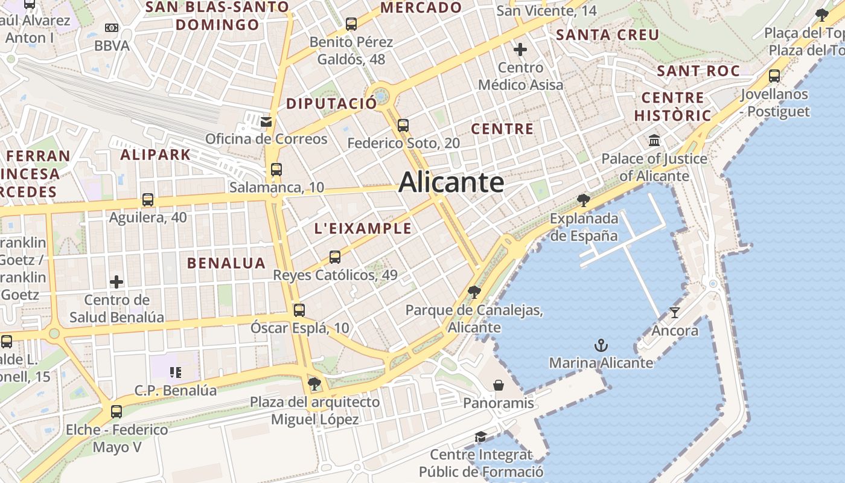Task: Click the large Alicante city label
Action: pyautogui.click(x=451, y=182)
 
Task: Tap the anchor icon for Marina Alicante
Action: pyautogui.click(x=601, y=345)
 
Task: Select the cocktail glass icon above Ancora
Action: pyautogui.click(x=674, y=312)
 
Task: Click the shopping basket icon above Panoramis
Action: pyautogui.click(x=499, y=385)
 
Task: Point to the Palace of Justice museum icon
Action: pyautogui.click(x=654, y=141)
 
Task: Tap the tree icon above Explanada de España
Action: pyautogui.click(x=583, y=200)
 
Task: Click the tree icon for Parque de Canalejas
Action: pyautogui.click(x=474, y=292)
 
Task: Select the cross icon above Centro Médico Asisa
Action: pyautogui.click(x=520, y=49)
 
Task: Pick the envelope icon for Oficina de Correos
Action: pyautogui.click(x=266, y=121)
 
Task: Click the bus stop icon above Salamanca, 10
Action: pyautogui.click(x=276, y=169)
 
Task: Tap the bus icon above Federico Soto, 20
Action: pyautogui.click(x=403, y=126)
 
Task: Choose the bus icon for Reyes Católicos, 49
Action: pyautogui.click(x=335, y=257)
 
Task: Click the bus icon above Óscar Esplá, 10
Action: pyautogui.click(x=299, y=310)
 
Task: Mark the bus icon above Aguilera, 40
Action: pyautogui.click(x=148, y=199)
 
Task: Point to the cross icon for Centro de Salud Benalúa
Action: pyautogui.click(x=116, y=281)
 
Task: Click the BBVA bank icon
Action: pyautogui.click(x=112, y=28)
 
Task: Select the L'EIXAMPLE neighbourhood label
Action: pyautogui.click(x=363, y=229)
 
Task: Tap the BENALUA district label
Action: pyautogui.click(x=226, y=263)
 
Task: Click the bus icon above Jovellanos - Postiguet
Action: pyautogui.click(x=774, y=76)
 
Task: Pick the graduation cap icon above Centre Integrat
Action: pyautogui.click(x=480, y=437)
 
